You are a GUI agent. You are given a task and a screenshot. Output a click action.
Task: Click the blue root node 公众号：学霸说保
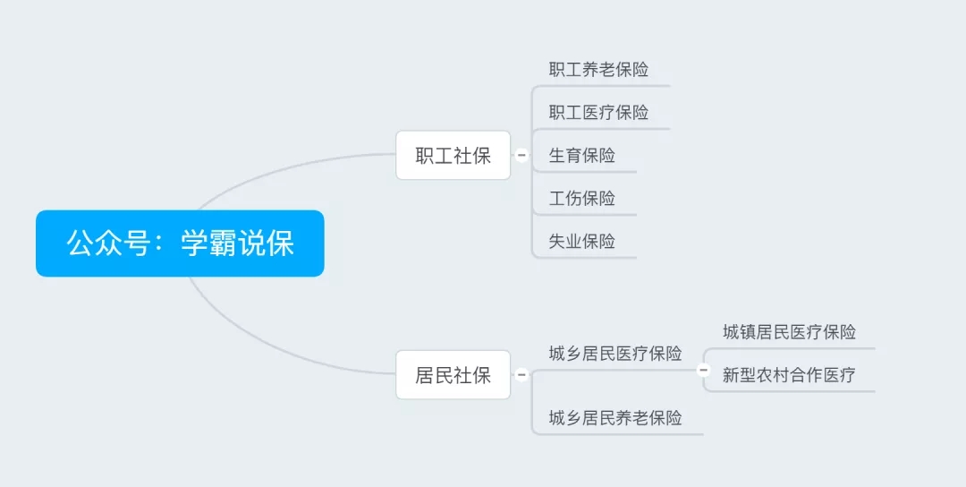180,243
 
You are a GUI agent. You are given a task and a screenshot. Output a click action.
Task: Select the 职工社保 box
453,156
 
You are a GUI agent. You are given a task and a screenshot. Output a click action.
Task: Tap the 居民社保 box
453,375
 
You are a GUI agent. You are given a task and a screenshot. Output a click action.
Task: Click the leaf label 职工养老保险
598,69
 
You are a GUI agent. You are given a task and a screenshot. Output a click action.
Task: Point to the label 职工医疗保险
598,112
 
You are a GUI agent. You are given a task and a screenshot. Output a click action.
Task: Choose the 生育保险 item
582,156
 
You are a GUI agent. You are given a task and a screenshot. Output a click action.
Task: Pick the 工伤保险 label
582,198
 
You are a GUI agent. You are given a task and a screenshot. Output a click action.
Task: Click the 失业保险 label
582,241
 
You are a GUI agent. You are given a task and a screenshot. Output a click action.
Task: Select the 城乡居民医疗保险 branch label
615,354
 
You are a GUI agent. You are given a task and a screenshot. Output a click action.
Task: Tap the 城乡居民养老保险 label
615,418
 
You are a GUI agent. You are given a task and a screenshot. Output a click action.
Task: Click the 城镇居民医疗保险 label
789,332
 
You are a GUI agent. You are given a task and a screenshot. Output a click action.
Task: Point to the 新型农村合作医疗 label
789,375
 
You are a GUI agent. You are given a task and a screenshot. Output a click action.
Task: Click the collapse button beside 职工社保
521,156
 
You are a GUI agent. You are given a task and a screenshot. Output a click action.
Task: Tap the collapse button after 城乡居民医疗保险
703,370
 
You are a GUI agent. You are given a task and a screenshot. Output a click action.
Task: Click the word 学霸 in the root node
208,243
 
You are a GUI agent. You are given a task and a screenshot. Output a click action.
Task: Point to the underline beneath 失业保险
585,258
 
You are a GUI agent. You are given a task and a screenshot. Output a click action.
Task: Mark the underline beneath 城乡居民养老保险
618,434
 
